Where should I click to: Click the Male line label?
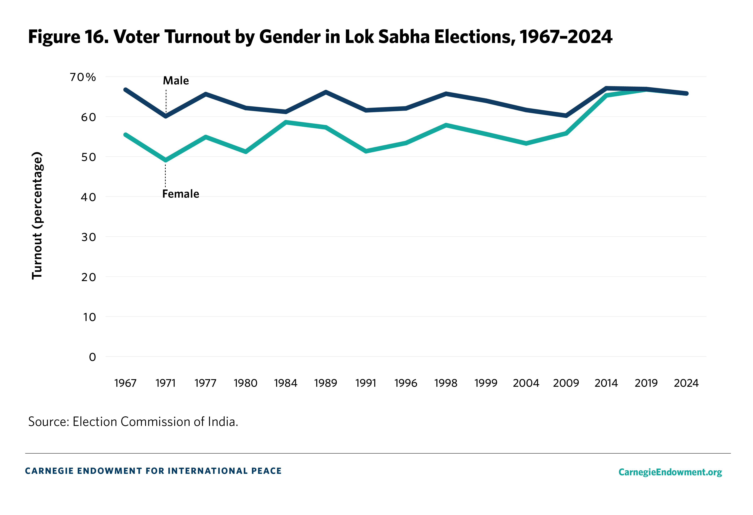pos(176,81)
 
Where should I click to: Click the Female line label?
pos(181,194)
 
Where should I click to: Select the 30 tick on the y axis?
pos(88,237)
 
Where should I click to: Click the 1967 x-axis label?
pos(125,383)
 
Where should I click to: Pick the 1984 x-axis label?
pos(286,383)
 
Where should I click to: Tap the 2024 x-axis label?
pos(686,383)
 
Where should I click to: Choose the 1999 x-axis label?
pos(486,383)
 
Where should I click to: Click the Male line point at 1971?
pos(166,116)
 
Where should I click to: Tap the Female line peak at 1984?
pos(286,122)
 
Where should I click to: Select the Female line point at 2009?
pos(566,133)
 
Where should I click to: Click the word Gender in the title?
pos(290,37)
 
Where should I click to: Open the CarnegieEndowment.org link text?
pos(670,472)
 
